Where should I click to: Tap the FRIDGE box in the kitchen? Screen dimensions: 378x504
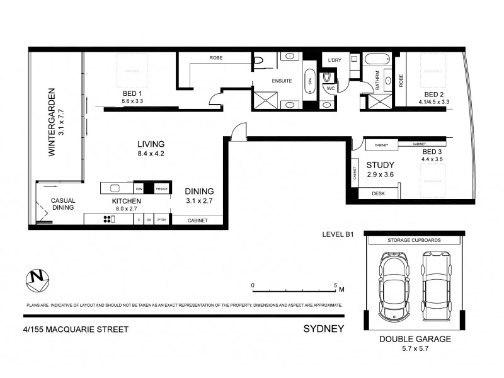point(162,188)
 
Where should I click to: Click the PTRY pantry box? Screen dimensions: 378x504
point(161,220)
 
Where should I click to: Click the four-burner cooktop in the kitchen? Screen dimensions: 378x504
point(108,219)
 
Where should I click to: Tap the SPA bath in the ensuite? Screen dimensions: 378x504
point(309,81)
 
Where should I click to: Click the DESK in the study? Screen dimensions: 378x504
point(378,194)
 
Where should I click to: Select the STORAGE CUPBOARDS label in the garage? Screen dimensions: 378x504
point(413,241)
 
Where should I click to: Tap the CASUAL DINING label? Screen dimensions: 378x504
point(63,203)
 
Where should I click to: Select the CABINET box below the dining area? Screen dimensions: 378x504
point(197,220)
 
